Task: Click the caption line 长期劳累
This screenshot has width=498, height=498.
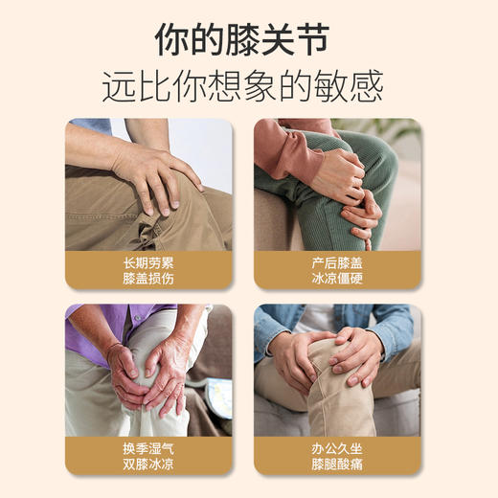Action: coord(148,261)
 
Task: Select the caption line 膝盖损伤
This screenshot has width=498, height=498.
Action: coord(148,278)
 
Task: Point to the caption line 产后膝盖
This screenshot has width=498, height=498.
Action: coord(337,261)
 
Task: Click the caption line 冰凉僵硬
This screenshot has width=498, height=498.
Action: coord(337,278)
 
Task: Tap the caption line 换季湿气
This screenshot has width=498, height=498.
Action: coord(148,447)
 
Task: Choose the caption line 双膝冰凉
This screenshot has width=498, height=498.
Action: coord(148,464)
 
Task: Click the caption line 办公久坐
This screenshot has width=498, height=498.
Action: coord(337,447)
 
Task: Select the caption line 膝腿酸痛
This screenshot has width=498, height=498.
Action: coord(337,464)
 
